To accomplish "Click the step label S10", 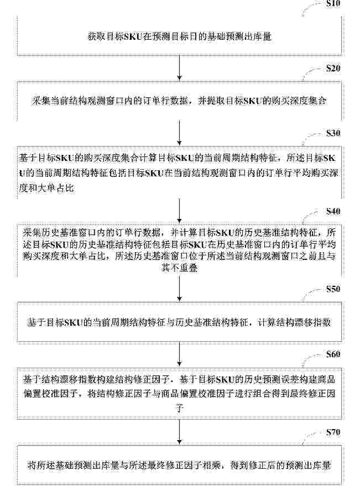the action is (x=333, y=3).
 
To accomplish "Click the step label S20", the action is (x=333, y=68).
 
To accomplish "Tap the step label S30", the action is (x=333, y=133).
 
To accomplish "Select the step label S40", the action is (x=333, y=211).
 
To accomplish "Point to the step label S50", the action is (x=333, y=289).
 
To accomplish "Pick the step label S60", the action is (x=333, y=354).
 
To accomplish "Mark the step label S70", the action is (x=333, y=432).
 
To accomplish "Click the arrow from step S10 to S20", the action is (x=180, y=68).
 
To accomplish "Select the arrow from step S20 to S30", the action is (x=180, y=133).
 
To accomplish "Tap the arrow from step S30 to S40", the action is (x=180, y=211).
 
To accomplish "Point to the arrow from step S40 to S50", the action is (x=180, y=289).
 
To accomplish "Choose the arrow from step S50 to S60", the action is (x=180, y=354).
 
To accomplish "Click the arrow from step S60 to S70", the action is (x=180, y=432).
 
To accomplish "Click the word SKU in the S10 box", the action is (x=134, y=37).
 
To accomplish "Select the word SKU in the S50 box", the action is (x=73, y=322).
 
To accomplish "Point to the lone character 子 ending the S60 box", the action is (x=180, y=408).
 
